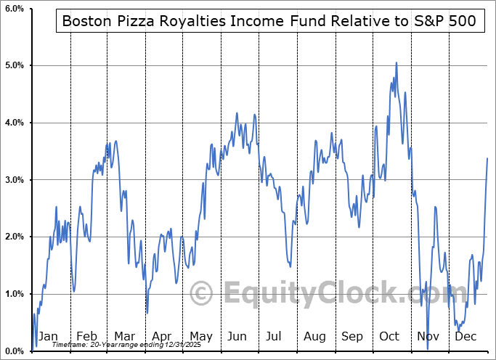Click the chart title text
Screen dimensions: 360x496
click(269, 21)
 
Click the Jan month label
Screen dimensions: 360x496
click(48, 337)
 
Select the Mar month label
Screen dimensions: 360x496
click(124, 337)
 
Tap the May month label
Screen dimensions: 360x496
click(200, 337)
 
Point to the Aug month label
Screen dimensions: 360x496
click(315, 337)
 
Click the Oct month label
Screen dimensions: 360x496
click(390, 337)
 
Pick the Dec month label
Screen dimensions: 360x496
click(466, 337)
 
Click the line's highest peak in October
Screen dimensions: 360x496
click(396, 62)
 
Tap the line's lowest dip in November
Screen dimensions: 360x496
click(428, 350)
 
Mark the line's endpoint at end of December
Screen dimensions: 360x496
click(487, 158)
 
